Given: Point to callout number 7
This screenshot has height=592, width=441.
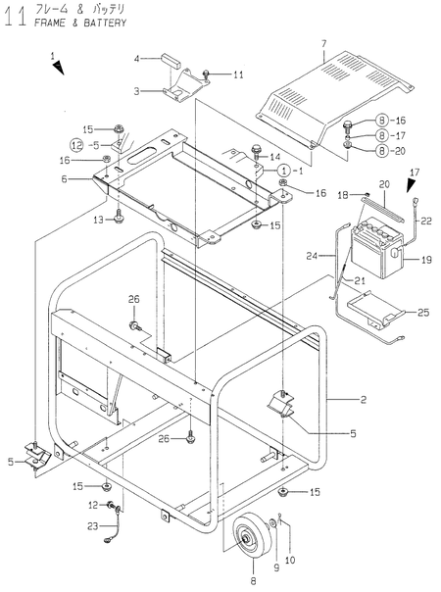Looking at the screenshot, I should click(321, 44).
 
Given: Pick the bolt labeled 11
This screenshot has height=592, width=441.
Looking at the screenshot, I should click(207, 73).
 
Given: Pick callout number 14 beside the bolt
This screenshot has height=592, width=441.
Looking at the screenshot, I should click(275, 157).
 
